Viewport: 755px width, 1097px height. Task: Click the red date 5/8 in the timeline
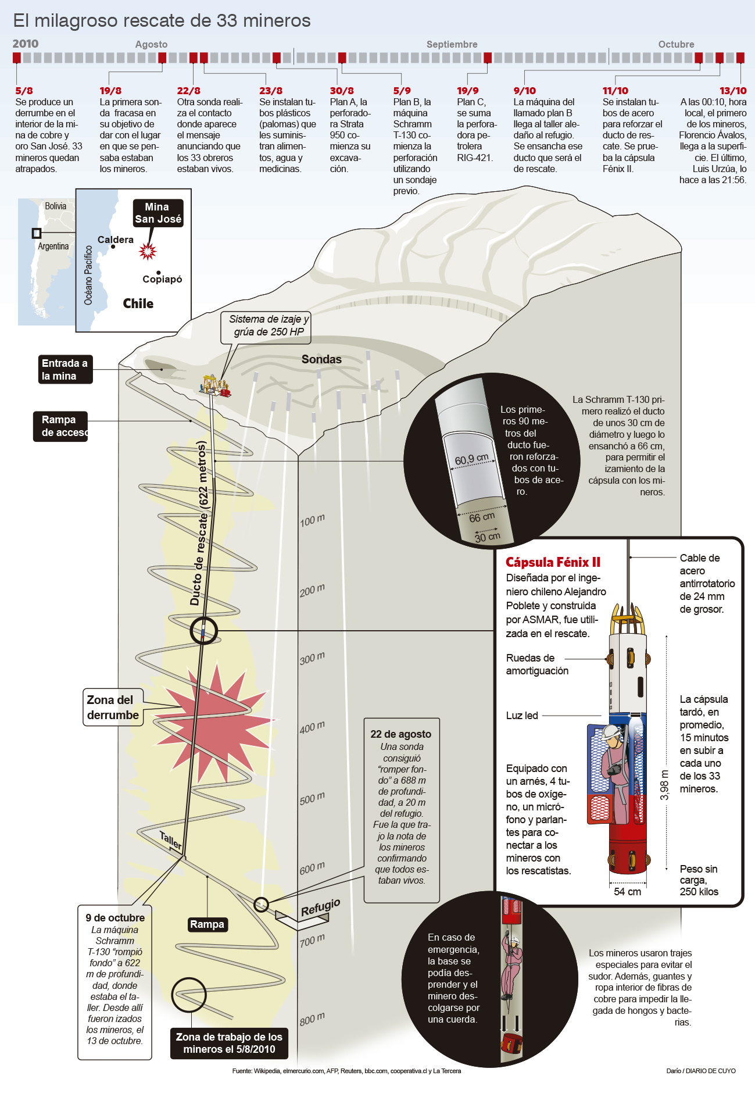[24, 91]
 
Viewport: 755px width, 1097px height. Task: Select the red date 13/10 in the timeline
[733, 91]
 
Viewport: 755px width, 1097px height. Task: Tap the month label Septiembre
[452, 44]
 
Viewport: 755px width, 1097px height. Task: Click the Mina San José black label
[158, 213]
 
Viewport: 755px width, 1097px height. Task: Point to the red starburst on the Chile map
[148, 251]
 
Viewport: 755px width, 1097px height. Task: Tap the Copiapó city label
[162, 279]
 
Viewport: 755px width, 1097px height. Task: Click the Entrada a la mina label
[65, 370]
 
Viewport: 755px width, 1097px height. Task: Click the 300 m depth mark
[312, 659]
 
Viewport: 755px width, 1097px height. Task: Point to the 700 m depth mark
[312, 939]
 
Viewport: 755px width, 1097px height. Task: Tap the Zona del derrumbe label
[113, 707]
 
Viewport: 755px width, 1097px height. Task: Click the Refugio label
[320, 907]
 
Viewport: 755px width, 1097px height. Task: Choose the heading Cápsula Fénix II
[553, 562]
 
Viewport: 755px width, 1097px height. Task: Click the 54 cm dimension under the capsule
[627, 892]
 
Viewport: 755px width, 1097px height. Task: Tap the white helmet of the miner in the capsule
[611, 731]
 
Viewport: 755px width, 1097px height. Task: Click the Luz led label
[522, 716]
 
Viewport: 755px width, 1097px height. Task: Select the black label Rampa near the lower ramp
[207, 924]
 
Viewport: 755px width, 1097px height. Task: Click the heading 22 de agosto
[401, 734]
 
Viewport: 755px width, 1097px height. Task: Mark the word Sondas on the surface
[321, 359]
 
